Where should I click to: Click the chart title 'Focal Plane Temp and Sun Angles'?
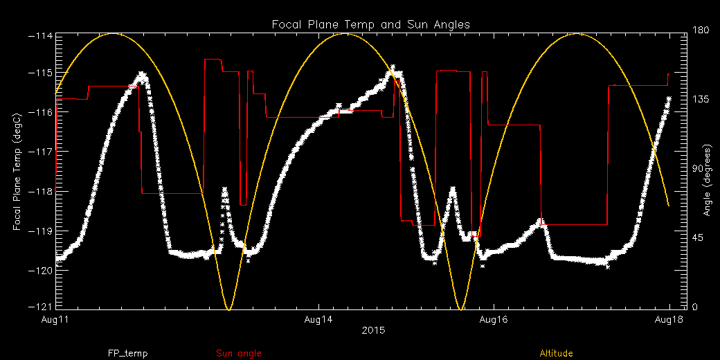pos(370,24)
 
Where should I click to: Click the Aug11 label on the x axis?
pos(55,320)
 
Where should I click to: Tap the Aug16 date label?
pos(494,320)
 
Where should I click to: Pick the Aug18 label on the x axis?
pos(669,320)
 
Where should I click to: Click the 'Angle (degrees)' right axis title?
pos(708,180)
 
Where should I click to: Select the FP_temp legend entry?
pos(127,353)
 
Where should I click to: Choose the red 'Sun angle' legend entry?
pos(239,353)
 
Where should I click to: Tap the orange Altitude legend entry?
pos(557,353)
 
